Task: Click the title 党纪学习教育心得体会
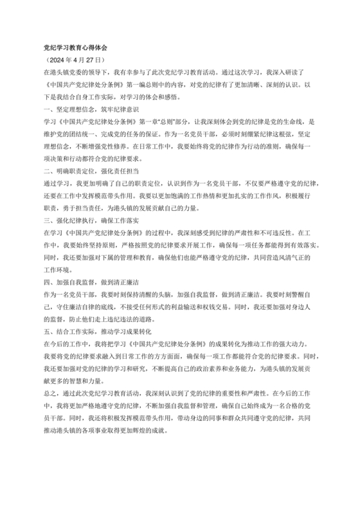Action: point(75,48)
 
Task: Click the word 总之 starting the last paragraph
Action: point(50,391)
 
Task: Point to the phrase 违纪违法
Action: point(116,317)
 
